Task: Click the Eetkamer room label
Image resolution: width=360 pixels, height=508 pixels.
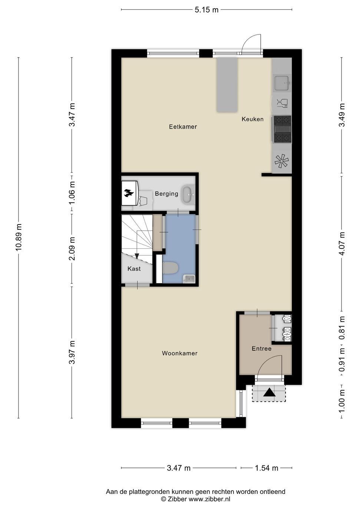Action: (183, 127)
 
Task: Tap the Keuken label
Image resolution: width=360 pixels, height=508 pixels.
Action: (252, 119)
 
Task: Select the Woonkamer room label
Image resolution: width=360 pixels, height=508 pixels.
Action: (180, 353)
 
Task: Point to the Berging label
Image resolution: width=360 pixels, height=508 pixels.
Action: (166, 194)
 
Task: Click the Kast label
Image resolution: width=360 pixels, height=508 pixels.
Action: (134, 269)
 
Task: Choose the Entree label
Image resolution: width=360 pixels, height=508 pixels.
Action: (262, 348)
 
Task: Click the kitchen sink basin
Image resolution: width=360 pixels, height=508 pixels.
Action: (282, 83)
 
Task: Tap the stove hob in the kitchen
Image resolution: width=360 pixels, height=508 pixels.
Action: (282, 129)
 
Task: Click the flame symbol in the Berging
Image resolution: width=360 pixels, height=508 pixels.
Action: (128, 193)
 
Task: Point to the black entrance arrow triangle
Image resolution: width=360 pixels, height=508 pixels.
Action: (269, 392)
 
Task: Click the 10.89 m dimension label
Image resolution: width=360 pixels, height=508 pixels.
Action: (19, 237)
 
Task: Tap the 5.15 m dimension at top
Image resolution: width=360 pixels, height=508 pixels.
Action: (207, 10)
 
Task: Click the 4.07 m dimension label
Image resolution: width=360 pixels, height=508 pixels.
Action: (342, 243)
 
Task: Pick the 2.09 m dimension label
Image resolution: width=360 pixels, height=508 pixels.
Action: (72, 249)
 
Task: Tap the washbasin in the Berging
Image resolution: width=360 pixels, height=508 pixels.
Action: (187, 194)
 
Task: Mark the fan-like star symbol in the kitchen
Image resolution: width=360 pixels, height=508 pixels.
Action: (282, 161)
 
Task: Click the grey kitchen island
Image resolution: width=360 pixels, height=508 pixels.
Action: (227, 85)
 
